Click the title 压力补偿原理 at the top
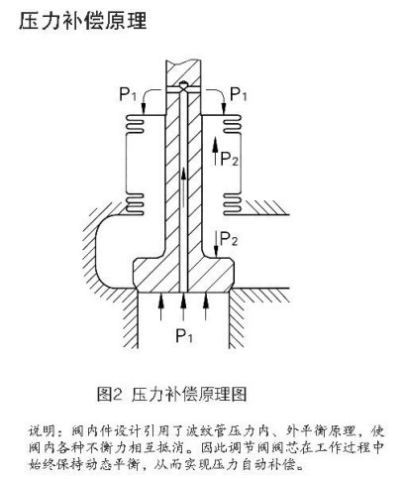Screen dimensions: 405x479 click(83, 22)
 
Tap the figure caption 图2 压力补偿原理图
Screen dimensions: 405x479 click(171, 395)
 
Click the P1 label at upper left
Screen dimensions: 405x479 click(128, 94)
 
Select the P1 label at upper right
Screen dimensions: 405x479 click(239, 94)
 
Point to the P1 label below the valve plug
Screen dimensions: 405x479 click(184, 336)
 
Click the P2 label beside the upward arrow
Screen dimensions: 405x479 click(229, 159)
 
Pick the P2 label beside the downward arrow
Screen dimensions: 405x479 click(229, 238)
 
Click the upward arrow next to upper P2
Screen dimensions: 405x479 click(215, 151)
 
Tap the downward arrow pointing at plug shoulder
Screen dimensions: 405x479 click(216, 244)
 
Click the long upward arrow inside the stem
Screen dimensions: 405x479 click(183, 187)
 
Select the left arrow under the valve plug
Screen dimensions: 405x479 click(161, 306)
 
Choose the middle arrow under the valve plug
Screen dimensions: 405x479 click(183, 306)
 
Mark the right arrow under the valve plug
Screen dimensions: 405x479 click(206, 306)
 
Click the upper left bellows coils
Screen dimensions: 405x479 click(135, 124)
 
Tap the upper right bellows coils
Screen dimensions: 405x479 click(232, 124)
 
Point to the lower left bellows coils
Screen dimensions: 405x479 click(135, 203)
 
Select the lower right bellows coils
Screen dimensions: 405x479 click(232, 204)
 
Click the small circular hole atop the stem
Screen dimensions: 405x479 click(183, 85)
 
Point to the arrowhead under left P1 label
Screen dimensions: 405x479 click(144, 109)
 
